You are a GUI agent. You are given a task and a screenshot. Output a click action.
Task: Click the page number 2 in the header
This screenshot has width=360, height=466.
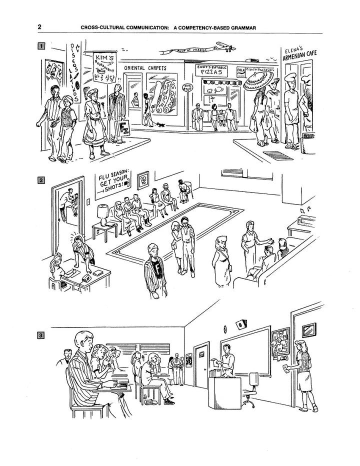39,27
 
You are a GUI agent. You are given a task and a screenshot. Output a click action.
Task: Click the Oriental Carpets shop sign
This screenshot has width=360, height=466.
145,68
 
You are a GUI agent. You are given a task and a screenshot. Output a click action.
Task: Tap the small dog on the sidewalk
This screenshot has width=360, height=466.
161,123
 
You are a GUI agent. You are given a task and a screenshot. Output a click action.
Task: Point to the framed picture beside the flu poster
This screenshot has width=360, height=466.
143,178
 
